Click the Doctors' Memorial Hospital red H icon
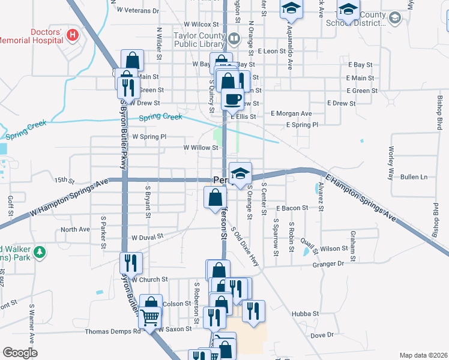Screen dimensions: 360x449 (73, 35)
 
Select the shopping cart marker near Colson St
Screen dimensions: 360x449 (151, 316)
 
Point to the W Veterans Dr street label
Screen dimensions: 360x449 (138, 10)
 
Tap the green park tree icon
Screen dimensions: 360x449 (40, 252)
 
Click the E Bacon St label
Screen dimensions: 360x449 (292, 208)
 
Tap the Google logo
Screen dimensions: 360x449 (20, 353)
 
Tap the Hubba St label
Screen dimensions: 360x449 (305, 314)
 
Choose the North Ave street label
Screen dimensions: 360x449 (75, 229)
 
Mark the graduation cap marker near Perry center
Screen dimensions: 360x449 (240, 173)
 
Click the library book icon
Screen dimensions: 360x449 (234, 40)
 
